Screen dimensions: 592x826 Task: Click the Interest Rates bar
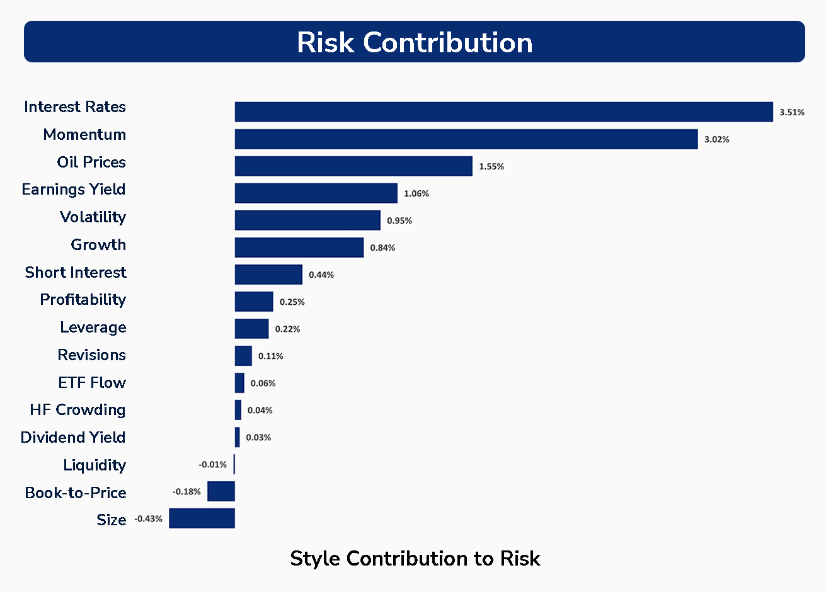click(x=503, y=111)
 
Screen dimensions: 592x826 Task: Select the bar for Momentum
click(x=466, y=139)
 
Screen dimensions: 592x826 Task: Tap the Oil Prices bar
click(x=353, y=166)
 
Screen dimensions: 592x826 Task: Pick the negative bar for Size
click(x=202, y=518)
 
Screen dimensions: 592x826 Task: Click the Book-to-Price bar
click(x=221, y=491)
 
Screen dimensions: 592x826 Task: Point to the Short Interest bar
click(x=268, y=275)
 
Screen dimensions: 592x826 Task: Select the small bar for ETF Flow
click(x=239, y=383)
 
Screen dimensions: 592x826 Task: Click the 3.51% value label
click(x=792, y=112)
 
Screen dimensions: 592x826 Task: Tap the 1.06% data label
click(x=416, y=193)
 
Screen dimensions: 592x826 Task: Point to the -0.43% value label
click(x=149, y=518)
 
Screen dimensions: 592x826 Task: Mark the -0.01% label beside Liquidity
click(x=213, y=464)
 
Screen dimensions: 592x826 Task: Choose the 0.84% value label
click(x=383, y=248)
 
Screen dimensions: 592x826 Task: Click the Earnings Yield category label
click(x=74, y=189)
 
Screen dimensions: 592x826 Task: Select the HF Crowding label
click(x=77, y=409)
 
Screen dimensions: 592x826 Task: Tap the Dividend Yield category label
click(x=73, y=437)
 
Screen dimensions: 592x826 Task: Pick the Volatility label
click(x=93, y=217)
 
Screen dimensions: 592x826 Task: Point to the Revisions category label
click(x=92, y=355)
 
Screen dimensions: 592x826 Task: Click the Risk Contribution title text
click(x=415, y=42)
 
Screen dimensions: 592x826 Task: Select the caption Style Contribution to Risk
click(x=415, y=558)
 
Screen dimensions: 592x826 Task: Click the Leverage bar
click(x=251, y=329)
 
